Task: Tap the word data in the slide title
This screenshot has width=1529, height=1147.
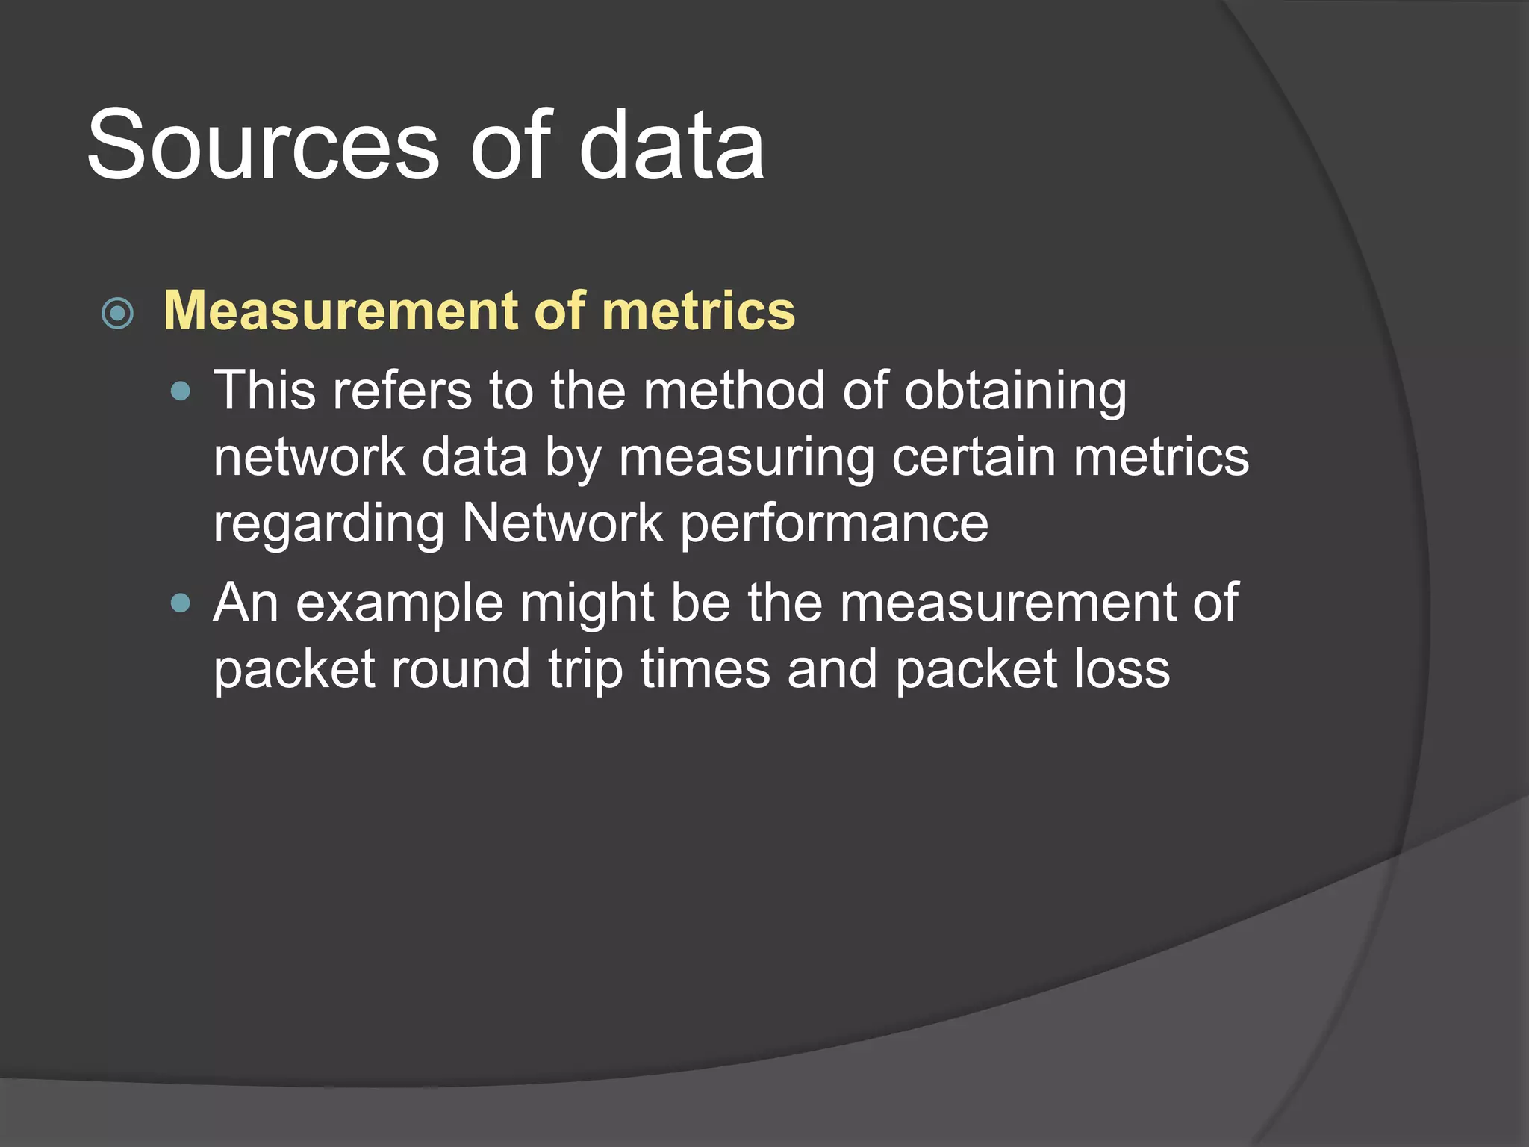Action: [x=671, y=145]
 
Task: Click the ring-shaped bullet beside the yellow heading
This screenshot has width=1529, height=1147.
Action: [x=117, y=313]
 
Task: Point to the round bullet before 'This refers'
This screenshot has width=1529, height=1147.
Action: [x=181, y=391]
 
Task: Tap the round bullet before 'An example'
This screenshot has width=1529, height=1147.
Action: [x=181, y=603]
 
